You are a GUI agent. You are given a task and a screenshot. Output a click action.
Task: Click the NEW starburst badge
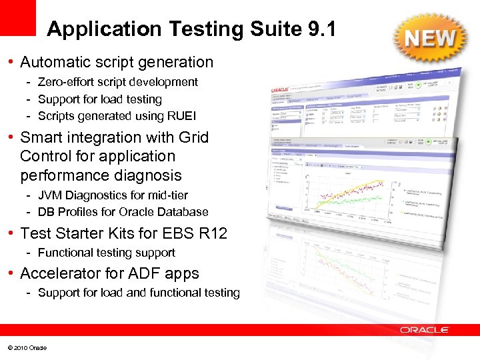click(x=431, y=39)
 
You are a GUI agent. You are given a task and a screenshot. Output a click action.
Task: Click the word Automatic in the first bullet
click(x=52, y=63)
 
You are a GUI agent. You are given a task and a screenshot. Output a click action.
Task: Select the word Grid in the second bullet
click(x=193, y=137)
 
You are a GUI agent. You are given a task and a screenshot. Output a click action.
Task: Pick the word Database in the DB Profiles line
click(x=186, y=212)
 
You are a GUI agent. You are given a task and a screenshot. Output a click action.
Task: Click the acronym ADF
click(x=146, y=274)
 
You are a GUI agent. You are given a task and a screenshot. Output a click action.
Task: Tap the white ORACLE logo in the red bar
click(x=424, y=330)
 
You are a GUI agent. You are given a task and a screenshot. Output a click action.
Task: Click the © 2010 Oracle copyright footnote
click(x=27, y=348)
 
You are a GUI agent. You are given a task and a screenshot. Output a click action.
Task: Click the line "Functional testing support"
click(x=107, y=253)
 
